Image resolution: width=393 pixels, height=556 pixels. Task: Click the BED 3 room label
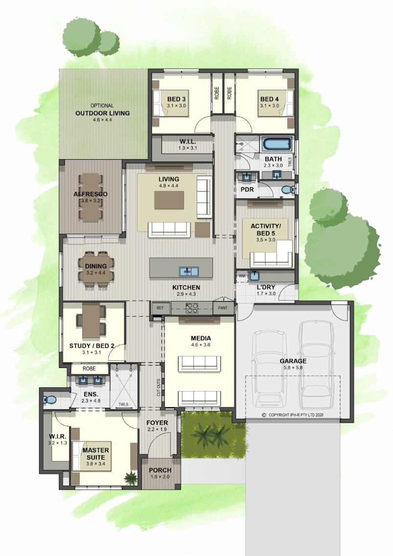[x=176, y=99]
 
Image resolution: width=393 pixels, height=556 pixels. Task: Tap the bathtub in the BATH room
[x=277, y=144]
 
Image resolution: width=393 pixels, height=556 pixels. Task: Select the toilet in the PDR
[x=287, y=190]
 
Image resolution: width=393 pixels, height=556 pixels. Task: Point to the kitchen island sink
[x=189, y=272]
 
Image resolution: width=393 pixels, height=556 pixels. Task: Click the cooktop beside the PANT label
[x=192, y=308]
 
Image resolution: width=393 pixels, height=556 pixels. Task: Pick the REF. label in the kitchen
[x=161, y=308]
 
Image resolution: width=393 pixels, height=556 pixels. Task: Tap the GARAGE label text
[x=293, y=361]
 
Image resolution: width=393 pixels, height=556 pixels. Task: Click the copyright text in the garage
[x=293, y=415]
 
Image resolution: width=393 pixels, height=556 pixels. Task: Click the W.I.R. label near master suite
[x=57, y=436]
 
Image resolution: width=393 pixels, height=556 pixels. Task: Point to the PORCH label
[x=160, y=470]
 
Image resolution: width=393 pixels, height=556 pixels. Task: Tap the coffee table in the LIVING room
[x=169, y=200]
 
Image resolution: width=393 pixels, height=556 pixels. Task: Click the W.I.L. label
[x=187, y=142]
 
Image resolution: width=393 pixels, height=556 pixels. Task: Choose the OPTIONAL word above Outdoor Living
[x=102, y=106]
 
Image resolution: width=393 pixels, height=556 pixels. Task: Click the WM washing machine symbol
[x=242, y=276]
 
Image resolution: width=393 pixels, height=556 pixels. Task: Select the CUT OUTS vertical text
[x=158, y=387]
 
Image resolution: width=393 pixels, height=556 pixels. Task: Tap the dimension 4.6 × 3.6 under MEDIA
[x=201, y=345]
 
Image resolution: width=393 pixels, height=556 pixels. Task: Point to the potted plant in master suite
[x=131, y=478]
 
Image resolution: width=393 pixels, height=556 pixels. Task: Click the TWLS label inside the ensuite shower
[x=123, y=404]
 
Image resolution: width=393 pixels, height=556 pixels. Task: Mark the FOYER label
[x=157, y=423]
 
